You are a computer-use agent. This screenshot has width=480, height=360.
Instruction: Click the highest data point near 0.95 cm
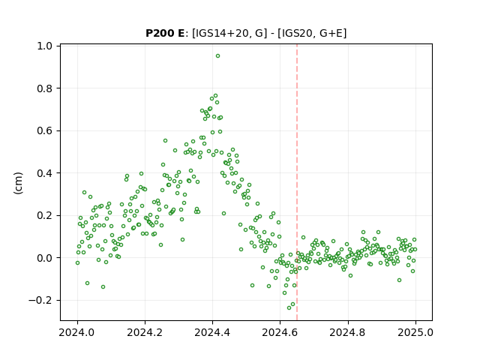pyautogui.click(x=217, y=56)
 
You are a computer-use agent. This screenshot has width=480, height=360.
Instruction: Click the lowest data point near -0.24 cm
pyautogui.click(x=289, y=307)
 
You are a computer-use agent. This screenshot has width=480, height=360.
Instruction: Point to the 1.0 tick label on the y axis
pyautogui.click(x=45, y=46)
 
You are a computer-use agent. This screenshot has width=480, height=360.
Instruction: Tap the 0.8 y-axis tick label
pyautogui.click(x=45, y=88)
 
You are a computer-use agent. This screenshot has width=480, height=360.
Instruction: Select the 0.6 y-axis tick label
pyautogui.click(x=45, y=130)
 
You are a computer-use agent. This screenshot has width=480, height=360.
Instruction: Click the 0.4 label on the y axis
pyautogui.click(x=45, y=173)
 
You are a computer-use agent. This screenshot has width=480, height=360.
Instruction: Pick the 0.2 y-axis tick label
pyautogui.click(x=45, y=215)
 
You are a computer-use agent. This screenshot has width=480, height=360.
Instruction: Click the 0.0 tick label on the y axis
pyautogui.click(x=45, y=258)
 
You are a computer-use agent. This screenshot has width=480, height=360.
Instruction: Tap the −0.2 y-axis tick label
pyautogui.click(x=40, y=300)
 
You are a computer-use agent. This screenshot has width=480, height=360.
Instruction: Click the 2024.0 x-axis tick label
pyautogui.click(x=77, y=332)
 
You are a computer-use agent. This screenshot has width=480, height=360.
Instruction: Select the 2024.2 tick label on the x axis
pyautogui.click(x=145, y=332)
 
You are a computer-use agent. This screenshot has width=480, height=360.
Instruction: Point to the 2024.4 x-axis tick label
pyautogui.click(x=212, y=332)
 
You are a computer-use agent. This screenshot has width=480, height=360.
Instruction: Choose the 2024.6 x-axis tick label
pyautogui.click(x=280, y=332)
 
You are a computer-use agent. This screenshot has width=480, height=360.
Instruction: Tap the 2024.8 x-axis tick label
pyautogui.click(x=347, y=332)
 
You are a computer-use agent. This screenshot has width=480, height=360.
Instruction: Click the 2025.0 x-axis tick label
pyautogui.click(x=415, y=332)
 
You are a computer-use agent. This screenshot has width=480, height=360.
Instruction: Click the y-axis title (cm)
pyautogui.click(x=18, y=183)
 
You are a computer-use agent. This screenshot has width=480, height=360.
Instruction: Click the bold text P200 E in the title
pyautogui.click(x=165, y=33)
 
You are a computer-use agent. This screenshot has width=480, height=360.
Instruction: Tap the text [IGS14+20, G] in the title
pyautogui.click(x=227, y=33)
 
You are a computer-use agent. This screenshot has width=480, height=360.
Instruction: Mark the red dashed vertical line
pyautogui.click(x=297, y=182)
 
